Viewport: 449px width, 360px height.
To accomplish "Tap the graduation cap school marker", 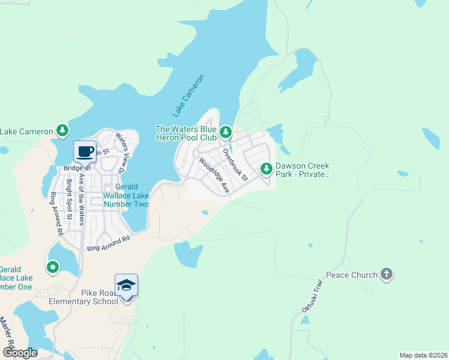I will pyautogui.click(x=126, y=284).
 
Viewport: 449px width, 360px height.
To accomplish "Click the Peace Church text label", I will pyautogui.click(x=352, y=275).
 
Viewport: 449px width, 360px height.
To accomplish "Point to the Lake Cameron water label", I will pyautogui.click(x=188, y=95).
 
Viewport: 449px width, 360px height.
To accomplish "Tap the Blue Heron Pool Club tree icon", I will pyautogui.click(x=225, y=131).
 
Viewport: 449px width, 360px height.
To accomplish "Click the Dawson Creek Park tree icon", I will pyautogui.click(x=266, y=169).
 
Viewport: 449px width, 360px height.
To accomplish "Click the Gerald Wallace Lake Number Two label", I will pyautogui.click(x=126, y=196).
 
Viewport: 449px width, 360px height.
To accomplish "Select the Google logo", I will pyautogui.click(x=20, y=352).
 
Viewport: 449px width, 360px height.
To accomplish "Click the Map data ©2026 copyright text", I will pyautogui.click(x=423, y=355).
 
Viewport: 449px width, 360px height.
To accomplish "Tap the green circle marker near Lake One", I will pyautogui.click(x=53, y=266).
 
